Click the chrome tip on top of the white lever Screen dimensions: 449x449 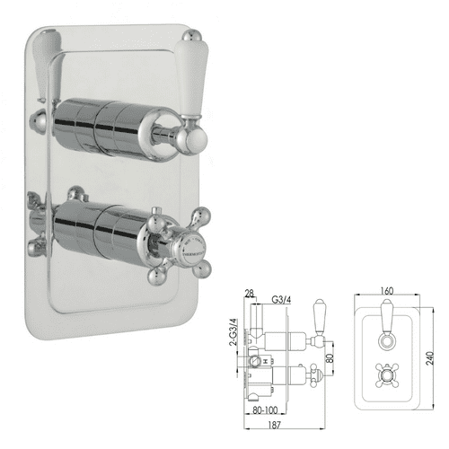click(191, 39)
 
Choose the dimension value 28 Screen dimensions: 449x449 click(251, 292)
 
